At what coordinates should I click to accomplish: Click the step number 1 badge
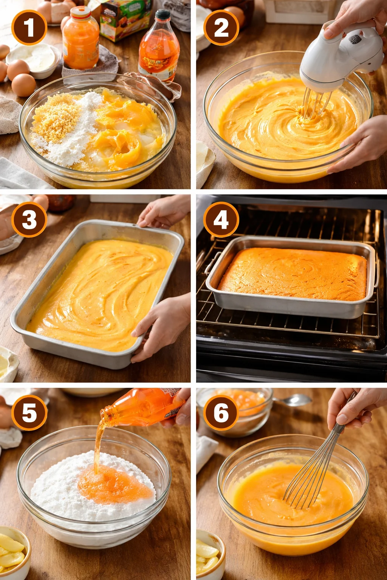(x=29, y=28)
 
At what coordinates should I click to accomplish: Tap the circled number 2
(x=221, y=28)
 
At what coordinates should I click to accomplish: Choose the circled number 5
(x=29, y=413)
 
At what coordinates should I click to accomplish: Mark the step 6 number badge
(x=221, y=413)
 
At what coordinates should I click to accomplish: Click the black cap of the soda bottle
(x=163, y=15)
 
